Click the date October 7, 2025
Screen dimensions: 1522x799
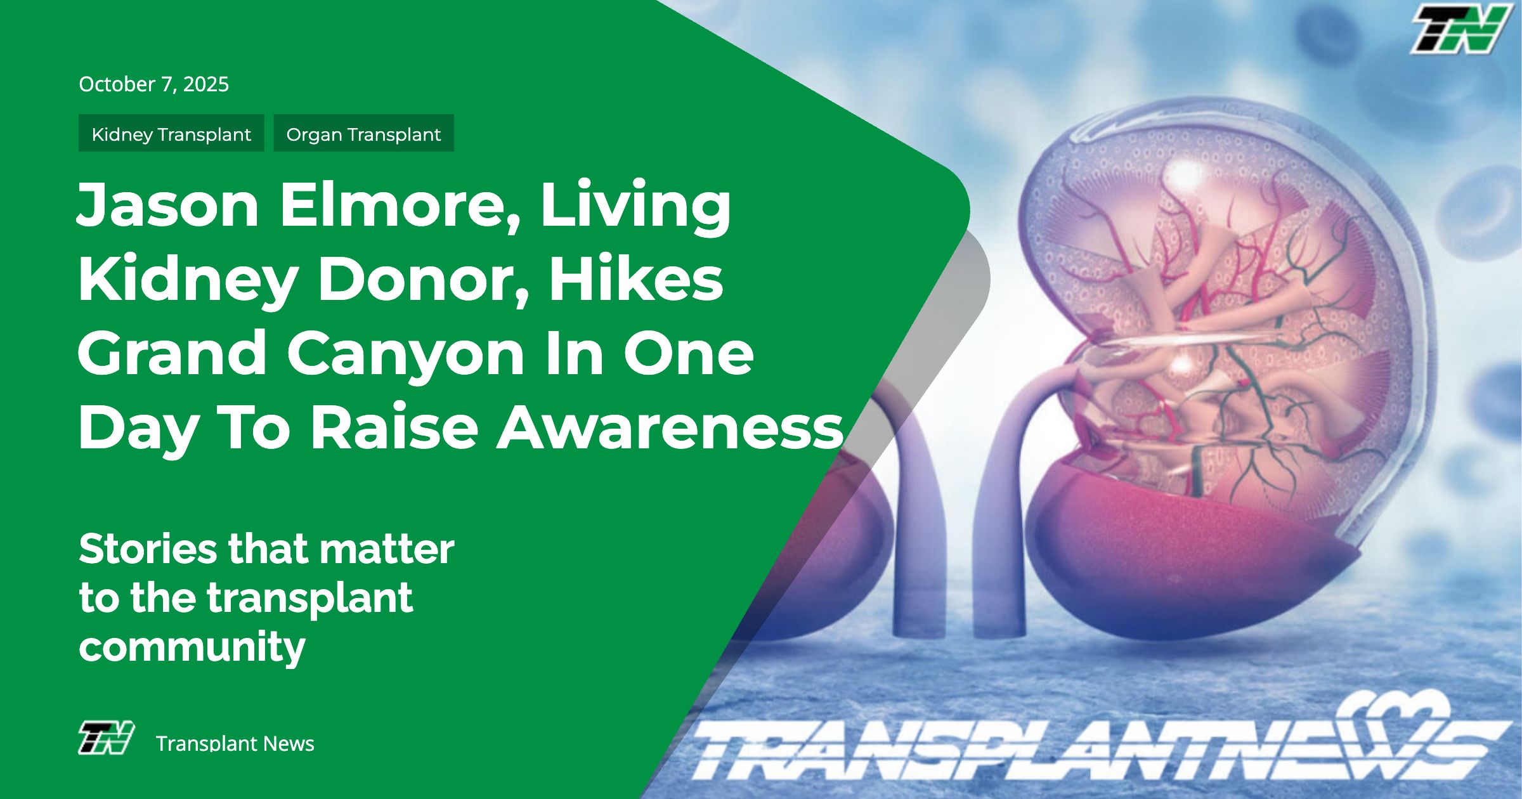[x=153, y=84]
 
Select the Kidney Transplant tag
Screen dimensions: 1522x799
[x=171, y=133]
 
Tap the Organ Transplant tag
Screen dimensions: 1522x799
[x=363, y=133]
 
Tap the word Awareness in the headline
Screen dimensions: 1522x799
[x=670, y=428]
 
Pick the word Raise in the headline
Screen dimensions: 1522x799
[x=394, y=428]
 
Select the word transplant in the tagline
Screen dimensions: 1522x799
[x=310, y=599]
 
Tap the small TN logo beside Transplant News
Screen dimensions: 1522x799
[x=106, y=737]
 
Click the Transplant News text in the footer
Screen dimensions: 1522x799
[x=235, y=743]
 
